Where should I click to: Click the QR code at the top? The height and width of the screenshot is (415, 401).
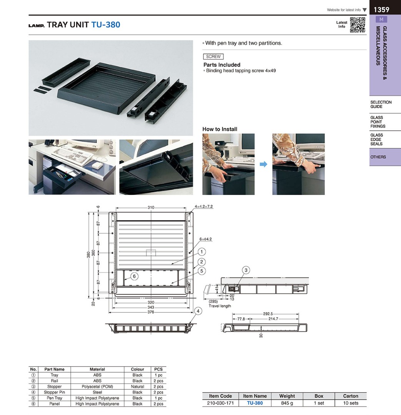357,25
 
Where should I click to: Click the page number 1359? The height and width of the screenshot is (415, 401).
381,10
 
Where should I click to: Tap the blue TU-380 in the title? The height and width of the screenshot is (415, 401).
106,25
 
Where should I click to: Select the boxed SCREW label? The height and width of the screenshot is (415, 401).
213,56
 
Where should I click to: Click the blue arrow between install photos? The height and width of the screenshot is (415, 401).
263,164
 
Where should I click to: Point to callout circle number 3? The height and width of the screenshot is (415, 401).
246,270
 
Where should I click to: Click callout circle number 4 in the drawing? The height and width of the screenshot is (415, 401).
198,311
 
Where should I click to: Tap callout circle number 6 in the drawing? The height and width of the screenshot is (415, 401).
134,276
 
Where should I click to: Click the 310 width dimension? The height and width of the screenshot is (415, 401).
151,207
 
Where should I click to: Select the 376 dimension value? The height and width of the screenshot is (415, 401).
151,312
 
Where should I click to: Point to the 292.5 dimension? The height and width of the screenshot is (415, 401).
268,314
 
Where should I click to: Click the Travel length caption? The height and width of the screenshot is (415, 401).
220,306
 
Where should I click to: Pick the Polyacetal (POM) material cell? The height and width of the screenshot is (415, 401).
97,387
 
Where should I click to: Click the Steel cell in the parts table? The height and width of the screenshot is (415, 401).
97,392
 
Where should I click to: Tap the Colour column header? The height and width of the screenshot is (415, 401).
137,369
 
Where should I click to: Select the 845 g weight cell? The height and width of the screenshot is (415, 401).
287,403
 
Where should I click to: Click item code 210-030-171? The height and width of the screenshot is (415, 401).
220,403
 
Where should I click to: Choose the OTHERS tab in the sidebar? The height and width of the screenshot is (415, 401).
378,157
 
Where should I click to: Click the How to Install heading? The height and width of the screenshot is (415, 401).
220,129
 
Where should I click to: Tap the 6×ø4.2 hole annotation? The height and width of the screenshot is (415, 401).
206,239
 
